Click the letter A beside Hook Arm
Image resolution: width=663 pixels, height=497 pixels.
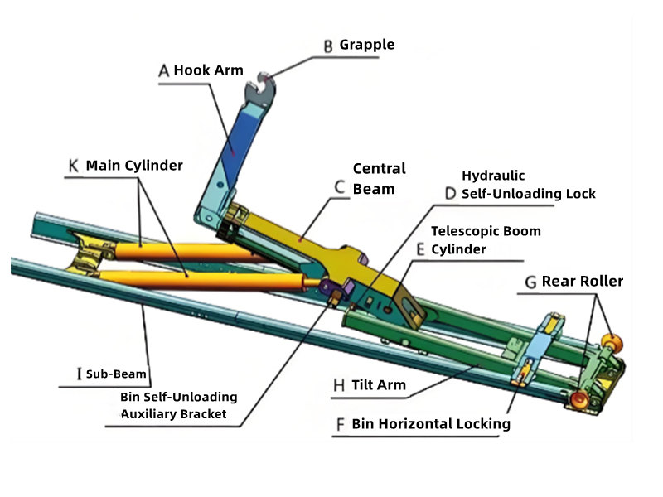(164, 71)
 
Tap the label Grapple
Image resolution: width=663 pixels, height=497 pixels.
(367, 45)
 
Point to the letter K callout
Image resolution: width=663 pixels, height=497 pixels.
(74, 166)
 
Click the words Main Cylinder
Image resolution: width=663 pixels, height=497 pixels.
(134, 165)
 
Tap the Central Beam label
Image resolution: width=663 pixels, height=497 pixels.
(379, 178)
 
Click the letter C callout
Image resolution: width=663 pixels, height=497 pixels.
(339, 187)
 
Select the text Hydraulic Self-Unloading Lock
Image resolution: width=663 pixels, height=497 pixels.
(528, 185)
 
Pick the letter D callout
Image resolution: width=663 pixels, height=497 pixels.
(450, 193)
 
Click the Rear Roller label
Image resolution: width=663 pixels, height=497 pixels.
(582, 282)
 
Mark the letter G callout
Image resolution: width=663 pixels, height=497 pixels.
(530, 282)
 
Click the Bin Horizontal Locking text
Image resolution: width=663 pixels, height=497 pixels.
(430, 424)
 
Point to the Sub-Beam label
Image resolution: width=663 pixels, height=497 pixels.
(116, 374)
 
